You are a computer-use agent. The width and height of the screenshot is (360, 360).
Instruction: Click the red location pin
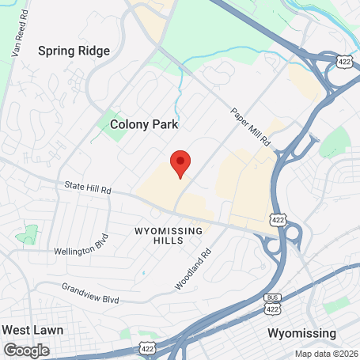(180, 163)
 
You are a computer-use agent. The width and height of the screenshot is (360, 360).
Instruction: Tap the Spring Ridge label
(74, 51)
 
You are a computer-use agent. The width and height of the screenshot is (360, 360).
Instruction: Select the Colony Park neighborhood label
(144, 124)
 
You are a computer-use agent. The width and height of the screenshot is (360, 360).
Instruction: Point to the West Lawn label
(32, 329)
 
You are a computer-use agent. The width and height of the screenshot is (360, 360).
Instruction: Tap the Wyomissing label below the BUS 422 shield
(301, 332)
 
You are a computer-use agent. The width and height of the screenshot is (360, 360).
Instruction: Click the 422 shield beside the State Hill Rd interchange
(276, 218)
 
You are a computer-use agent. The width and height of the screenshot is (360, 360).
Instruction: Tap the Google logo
(26, 350)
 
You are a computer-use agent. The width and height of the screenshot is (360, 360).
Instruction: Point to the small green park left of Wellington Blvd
(28, 234)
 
